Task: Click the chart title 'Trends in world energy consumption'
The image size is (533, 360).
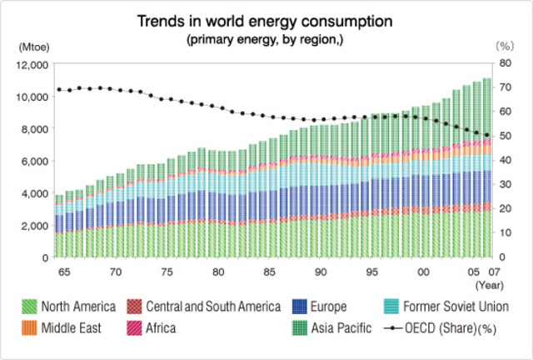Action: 266,20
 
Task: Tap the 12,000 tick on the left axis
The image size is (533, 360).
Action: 32,64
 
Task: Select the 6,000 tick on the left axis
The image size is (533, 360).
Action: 34,161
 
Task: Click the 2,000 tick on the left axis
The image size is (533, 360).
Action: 34,226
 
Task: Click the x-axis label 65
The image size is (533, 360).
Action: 63,272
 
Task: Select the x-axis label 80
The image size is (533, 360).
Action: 217,272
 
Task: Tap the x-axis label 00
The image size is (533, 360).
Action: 423,272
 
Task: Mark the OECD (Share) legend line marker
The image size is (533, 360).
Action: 396,327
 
